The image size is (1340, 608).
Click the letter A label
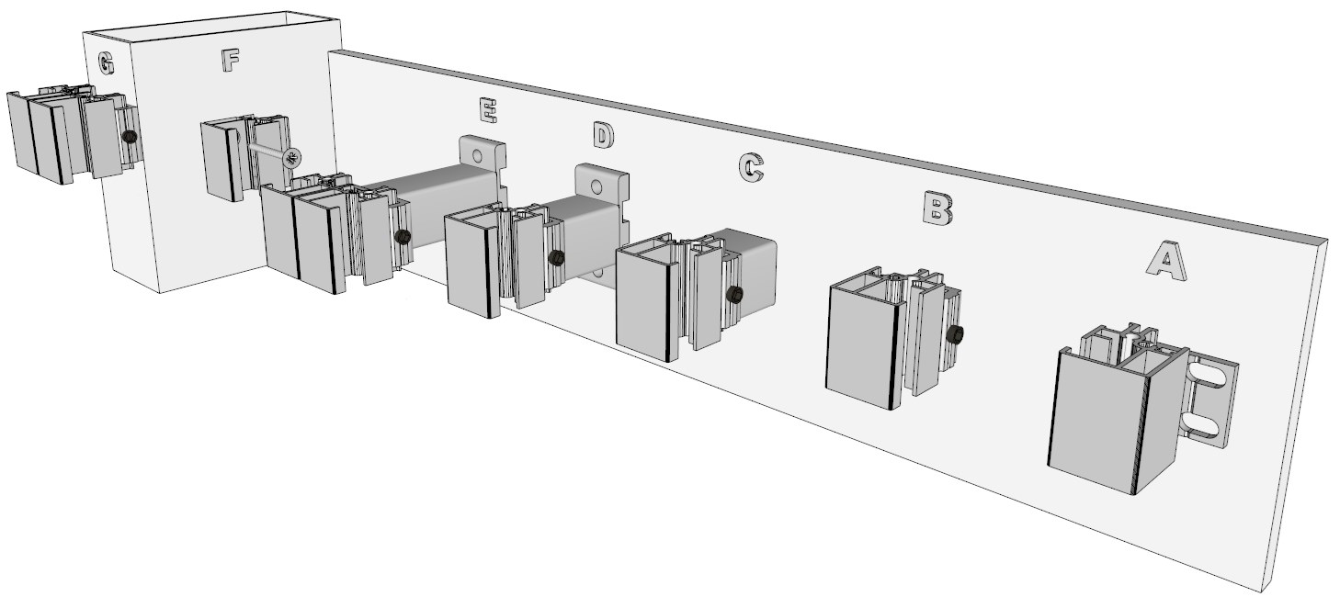pyautogui.click(x=1166, y=261)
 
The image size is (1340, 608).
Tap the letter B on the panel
pyautogui.click(x=938, y=208)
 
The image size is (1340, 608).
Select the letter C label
pyautogui.click(x=751, y=167)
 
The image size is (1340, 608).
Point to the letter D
pyautogui.click(x=604, y=134)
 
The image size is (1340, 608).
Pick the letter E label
pyautogui.click(x=488, y=111)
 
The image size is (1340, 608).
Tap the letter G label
pyautogui.click(x=106, y=62)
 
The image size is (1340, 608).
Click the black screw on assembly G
pyautogui.click(x=130, y=137)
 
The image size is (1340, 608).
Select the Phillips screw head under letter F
pyautogui.click(x=292, y=158)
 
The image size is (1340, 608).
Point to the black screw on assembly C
pyautogui.click(x=734, y=294)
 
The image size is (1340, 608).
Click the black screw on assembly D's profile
pyautogui.click(x=556, y=258)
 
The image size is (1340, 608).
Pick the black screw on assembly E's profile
pyautogui.click(x=403, y=237)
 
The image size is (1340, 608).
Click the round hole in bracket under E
pyautogui.click(x=477, y=157)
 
